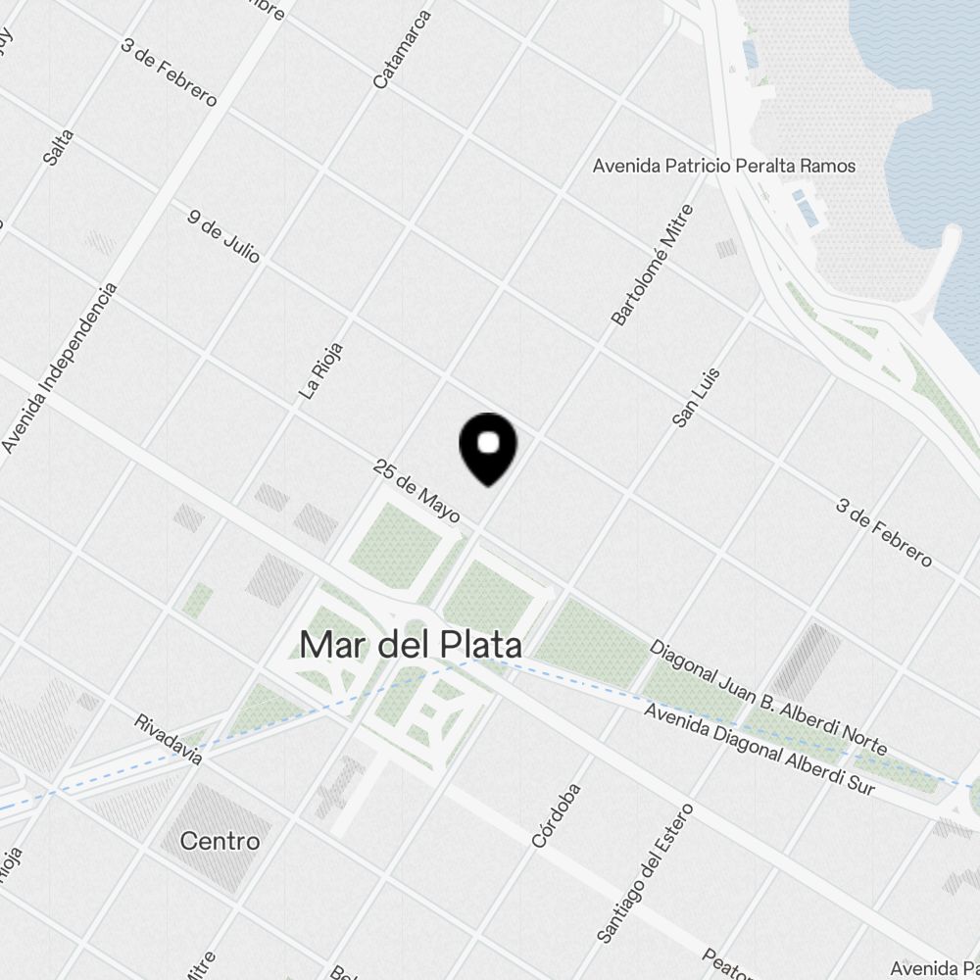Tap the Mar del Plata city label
[x=410, y=645]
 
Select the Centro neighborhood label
[x=220, y=841]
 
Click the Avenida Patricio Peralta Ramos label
[x=724, y=166]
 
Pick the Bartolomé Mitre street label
[x=653, y=265]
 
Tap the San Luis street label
[x=697, y=397]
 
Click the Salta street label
[x=59, y=145]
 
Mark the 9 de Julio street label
[x=224, y=235]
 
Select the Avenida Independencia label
[x=60, y=368]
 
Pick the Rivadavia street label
[x=169, y=739]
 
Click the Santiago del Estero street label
[x=644, y=873]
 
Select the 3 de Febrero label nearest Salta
[x=169, y=73]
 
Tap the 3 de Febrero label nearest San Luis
[x=884, y=532]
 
